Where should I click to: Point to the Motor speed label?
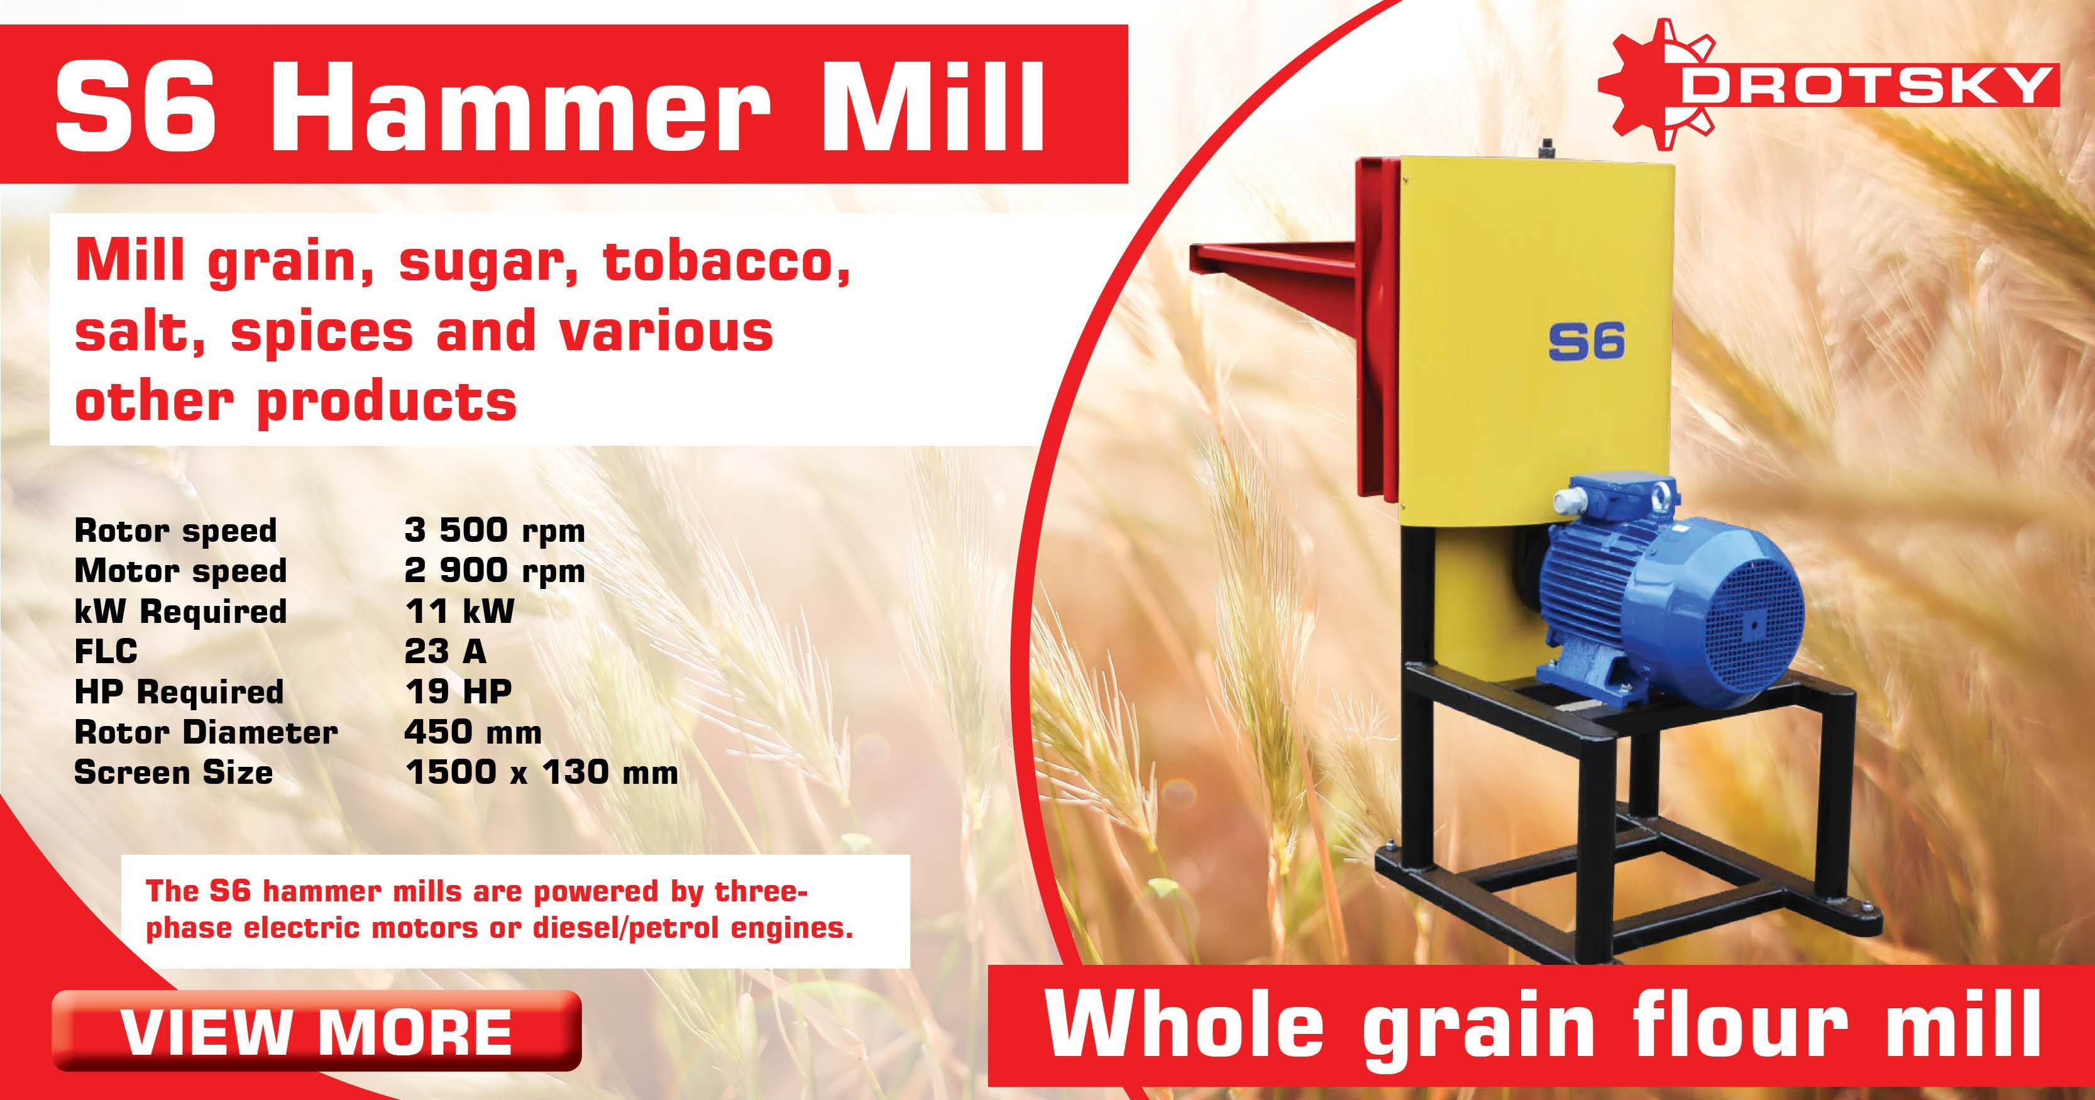coord(180,571)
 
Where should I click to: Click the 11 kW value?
coord(459,612)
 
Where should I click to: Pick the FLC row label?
coord(106,651)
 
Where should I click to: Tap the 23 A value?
coord(445,651)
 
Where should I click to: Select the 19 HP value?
coord(458,692)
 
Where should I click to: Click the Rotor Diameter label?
coord(206,732)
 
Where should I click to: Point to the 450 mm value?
coord(473,732)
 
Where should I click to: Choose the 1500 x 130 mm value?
coord(541,773)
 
